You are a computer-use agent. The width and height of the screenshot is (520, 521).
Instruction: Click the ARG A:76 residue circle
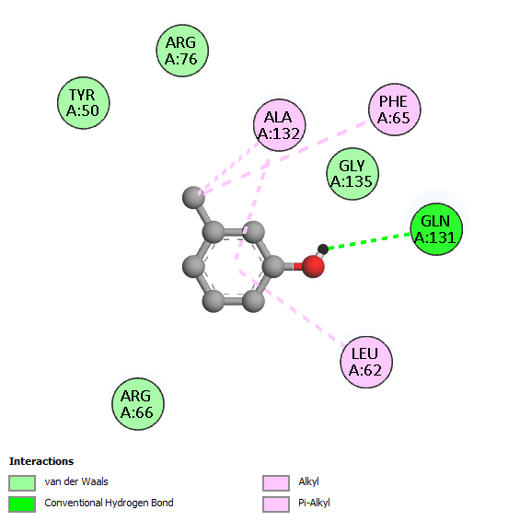(x=182, y=51)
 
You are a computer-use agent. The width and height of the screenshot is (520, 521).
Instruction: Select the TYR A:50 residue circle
(x=84, y=103)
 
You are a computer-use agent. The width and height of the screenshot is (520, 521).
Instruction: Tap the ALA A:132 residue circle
(x=280, y=125)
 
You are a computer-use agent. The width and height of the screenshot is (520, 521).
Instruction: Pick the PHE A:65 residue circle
(x=395, y=110)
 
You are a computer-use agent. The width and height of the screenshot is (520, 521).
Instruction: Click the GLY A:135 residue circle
(x=352, y=174)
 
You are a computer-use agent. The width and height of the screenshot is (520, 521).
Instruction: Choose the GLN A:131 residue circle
(x=436, y=229)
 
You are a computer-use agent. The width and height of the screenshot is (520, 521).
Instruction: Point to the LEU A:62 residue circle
(x=366, y=362)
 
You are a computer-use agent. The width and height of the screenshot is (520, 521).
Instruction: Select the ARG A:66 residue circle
(x=138, y=404)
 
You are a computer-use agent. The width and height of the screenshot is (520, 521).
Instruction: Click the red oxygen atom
(x=313, y=266)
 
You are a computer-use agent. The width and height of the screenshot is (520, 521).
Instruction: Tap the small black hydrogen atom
(x=323, y=249)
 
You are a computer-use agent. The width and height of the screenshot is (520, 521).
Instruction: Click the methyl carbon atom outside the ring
(x=193, y=197)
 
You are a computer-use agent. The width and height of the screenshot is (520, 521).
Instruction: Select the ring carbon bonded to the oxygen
(x=273, y=266)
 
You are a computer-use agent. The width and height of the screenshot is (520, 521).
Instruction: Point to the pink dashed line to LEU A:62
(x=292, y=306)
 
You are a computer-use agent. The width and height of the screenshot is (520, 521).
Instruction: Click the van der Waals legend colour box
(x=22, y=482)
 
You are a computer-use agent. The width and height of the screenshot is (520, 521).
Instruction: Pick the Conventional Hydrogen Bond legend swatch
(x=22, y=504)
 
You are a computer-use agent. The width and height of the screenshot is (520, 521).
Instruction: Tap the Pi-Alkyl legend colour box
(x=276, y=504)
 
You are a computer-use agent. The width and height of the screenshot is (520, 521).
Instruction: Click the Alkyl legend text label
(x=308, y=481)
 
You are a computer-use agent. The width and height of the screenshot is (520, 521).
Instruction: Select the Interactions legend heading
(x=41, y=461)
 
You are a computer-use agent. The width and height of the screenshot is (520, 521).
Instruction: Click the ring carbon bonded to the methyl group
(x=214, y=232)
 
